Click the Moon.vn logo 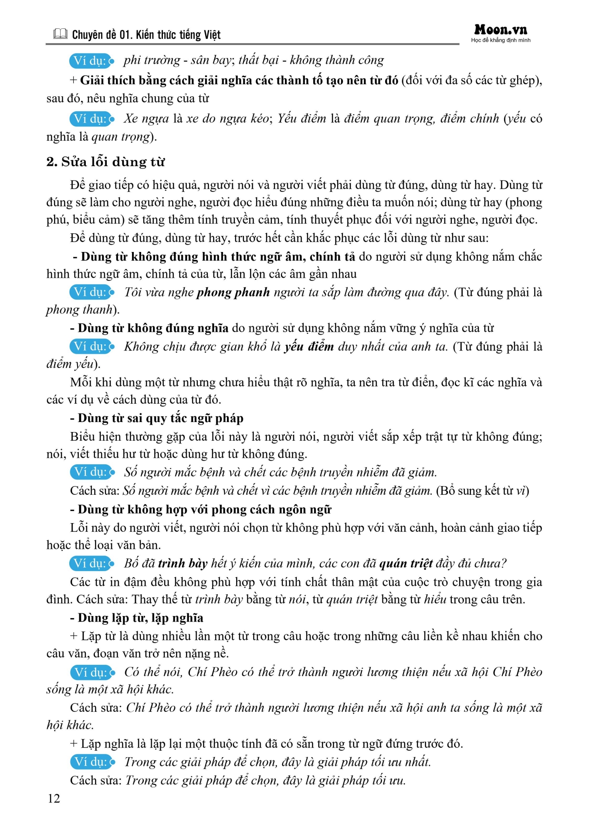click(501, 30)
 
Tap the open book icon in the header click(61, 34)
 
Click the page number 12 click(54, 798)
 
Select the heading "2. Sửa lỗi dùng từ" click(105, 162)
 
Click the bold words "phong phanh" click(233, 292)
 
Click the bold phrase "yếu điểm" click(309, 347)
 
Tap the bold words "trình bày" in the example click(183, 563)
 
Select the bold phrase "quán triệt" click(406, 563)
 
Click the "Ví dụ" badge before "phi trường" click(91, 61)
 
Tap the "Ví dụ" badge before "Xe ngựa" click(91, 119)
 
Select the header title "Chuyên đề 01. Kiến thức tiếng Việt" click(146, 35)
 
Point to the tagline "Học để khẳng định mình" click(501, 41)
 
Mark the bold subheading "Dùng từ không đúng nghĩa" click(153, 328)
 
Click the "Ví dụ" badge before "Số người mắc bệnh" click(92, 472)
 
